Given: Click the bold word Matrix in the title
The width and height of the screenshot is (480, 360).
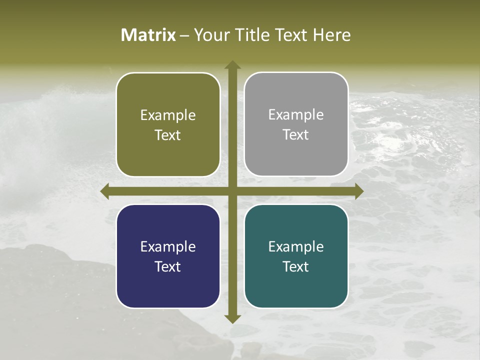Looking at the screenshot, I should pyautogui.click(x=148, y=35).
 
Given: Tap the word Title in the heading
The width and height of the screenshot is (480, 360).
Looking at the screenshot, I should pyautogui.click(x=251, y=35).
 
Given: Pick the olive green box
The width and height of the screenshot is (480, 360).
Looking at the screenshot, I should pyautogui.click(x=168, y=124).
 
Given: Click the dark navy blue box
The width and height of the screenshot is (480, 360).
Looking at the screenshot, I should pyautogui.click(x=168, y=256).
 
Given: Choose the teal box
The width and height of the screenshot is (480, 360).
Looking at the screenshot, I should pyautogui.click(x=296, y=256).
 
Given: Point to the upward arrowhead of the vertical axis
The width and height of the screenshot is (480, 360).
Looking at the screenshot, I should pyautogui.click(x=232, y=65).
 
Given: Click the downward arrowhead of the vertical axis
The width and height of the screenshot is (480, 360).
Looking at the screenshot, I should pyautogui.click(x=232, y=318).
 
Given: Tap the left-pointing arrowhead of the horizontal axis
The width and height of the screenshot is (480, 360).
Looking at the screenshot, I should pyautogui.click(x=105, y=191).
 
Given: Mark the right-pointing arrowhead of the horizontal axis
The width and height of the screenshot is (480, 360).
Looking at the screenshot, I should pyautogui.click(x=358, y=191).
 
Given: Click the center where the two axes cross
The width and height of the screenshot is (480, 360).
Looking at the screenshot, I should pyautogui.click(x=232, y=191).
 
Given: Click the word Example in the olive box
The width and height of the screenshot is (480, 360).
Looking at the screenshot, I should pyautogui.click(x=168, y=115).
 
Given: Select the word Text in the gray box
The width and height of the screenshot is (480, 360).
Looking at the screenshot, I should pyautogui.click(x=296, y=135).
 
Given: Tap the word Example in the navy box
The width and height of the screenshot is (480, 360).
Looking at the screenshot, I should pyautogui.click(x=168, y=247).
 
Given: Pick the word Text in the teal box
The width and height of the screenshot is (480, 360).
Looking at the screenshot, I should pyautogui.click(x=296, y=267).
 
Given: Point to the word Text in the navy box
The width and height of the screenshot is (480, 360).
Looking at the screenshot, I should pyautogui.click(x=168, y=267).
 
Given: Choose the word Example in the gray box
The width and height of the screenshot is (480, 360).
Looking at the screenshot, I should pyautogui.click(x=296, y=115).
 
